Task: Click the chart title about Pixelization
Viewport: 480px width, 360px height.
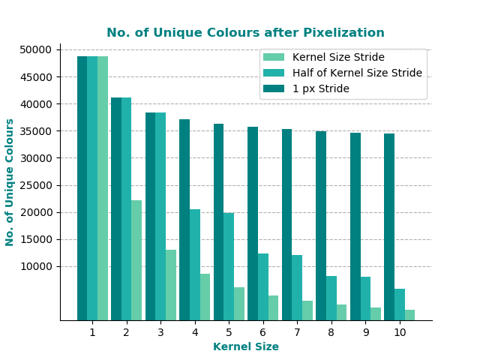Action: pyautogui.click(x=245, y=33)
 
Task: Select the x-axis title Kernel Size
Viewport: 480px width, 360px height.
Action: pyautogui.click(x=245, y=346)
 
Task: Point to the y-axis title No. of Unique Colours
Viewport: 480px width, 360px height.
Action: pyautogui.click(x=10, y=182)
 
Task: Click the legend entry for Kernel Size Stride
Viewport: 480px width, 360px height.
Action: pyautogui.click(x=338, y=58)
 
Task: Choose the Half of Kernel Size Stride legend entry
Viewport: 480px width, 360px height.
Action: pyautogui.click(x=357, y=73)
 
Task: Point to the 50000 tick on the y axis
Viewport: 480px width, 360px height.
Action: pyautogui.click(x=36, y=50)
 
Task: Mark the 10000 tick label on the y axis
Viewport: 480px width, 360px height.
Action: pyautogui.click(x=36, y=266)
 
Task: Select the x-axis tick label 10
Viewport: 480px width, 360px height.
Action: pyautogui.click(x=400, y=332)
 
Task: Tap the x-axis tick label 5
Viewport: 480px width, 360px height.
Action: pyautogui.click(x=229, y=332)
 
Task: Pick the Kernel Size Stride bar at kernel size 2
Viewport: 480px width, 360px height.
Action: pyautogui.click(x=136, y=260)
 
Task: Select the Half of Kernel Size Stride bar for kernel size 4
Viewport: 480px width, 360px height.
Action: pyautogui.click(x=195, y=265)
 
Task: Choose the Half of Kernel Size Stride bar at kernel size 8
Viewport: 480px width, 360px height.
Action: pyautogui.click(x=331, y=298)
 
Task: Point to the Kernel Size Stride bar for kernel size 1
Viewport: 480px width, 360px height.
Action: pyautogui.click(x=103, y=188)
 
